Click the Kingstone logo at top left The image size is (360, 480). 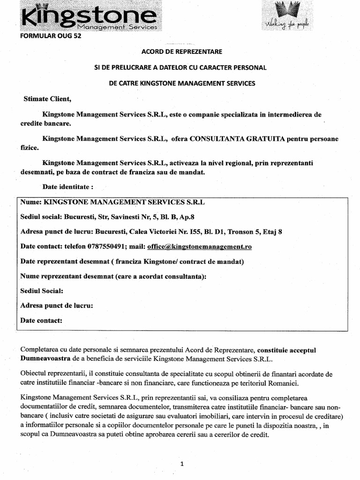click(89, 19)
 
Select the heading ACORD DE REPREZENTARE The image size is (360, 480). click(180, 51)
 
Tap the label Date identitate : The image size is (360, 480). click(68, 187)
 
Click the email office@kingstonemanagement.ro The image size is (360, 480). click(199, 246)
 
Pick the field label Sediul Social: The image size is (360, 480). click(42, 291)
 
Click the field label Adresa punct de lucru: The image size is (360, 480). click(56, 306)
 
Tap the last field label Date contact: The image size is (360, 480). click(41, 321)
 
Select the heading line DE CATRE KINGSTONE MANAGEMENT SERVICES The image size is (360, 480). click(180, 83)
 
